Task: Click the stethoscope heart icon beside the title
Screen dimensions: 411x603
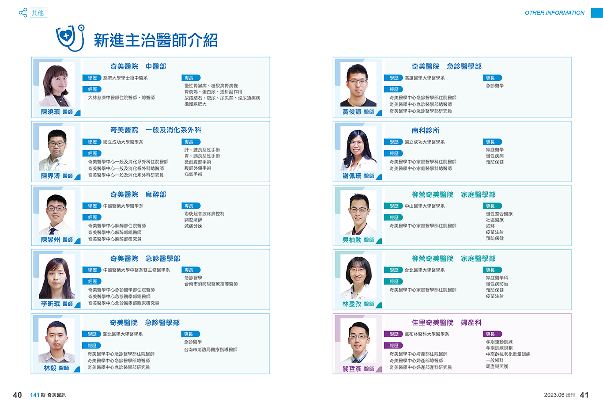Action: (x=70, y=38)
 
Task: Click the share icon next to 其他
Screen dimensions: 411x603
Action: (x=23, y=13)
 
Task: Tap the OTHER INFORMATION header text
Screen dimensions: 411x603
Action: (x=554, y=13)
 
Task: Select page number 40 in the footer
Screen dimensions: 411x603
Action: (x=17, y=395)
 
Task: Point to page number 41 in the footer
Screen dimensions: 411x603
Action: (x=584, y=395)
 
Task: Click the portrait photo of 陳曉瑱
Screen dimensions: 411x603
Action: (x=57, y=84)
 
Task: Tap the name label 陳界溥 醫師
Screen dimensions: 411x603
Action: (x=57, y=176)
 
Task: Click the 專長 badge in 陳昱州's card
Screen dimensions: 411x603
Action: (x=191, y=206)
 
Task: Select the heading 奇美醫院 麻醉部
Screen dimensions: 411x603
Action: (x=138, y=194)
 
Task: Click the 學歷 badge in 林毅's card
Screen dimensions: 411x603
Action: (x=92, y=334)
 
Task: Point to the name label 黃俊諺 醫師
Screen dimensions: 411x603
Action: (x=358, y=112)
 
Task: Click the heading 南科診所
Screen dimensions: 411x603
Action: (x=425, y=130)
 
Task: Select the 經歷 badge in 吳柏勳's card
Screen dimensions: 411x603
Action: (x=394, y=217)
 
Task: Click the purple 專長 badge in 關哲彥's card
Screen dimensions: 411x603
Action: (x=492, y=334)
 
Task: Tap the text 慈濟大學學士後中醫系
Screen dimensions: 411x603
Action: (x=125, y=78)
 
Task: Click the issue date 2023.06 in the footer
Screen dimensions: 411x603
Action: (x=554, y=395)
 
